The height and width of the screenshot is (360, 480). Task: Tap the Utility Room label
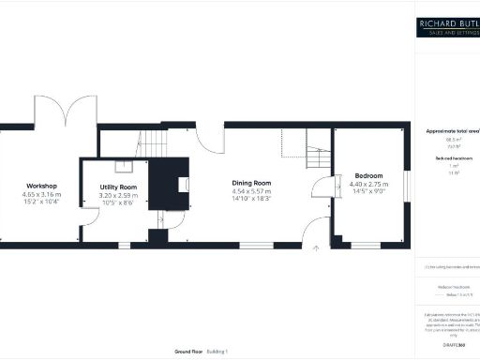(118, 187)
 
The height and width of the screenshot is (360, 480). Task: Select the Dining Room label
(251, 183)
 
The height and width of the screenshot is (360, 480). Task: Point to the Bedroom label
(368, 176)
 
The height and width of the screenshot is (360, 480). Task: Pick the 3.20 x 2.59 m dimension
(118, 195)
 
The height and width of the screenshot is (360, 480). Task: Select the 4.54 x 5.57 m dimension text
(251, 191)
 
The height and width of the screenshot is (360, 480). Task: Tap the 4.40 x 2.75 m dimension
(368, 185)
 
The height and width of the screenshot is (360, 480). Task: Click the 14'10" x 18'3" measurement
(251, 199)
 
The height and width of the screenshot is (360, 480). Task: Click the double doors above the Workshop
(65, 111)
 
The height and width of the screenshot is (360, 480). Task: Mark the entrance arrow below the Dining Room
(316, 248)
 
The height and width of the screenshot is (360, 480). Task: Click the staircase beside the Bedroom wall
(320, 156)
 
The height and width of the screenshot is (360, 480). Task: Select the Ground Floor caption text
(189, 351)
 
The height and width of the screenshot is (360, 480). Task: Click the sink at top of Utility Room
(123, 168)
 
